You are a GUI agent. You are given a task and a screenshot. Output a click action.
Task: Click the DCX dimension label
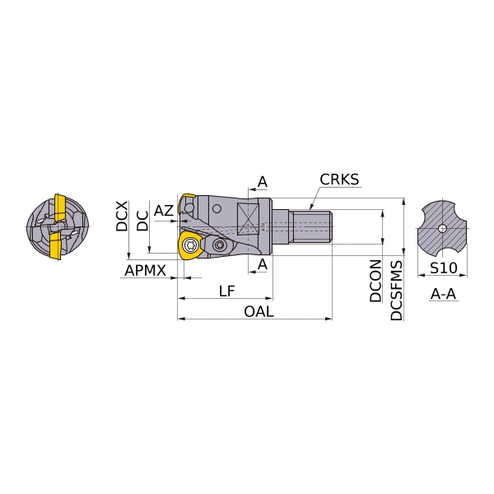(x=122, y=216)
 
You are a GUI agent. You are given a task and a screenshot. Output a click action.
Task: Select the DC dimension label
(x=142, y=221)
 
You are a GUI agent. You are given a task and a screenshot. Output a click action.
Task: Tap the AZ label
(x=164, y=211)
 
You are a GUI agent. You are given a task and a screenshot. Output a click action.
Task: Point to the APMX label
(x=145, y=270)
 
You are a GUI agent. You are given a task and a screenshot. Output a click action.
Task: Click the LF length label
(x=227, y=291)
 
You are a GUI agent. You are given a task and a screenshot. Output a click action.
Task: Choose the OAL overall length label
(x=259, y=311)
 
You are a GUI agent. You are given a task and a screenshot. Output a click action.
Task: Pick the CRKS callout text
(x=339, y=179)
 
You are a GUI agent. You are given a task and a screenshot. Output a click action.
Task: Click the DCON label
(x=375, y=281)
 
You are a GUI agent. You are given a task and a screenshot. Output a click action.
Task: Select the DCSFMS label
(x=396, y=290)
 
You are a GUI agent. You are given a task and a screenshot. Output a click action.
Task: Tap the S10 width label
(x=443, y=268)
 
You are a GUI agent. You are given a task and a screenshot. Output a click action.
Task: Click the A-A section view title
(x=443, y=294)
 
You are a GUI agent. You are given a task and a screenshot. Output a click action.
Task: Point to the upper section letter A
(x=263, y=182)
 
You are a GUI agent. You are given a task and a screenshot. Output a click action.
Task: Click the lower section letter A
(x=263, y=264)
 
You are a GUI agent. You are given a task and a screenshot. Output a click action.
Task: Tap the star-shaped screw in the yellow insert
(x=191, y=245)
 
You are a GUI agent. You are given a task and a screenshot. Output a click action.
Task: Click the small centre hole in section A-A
(x=442, y=228)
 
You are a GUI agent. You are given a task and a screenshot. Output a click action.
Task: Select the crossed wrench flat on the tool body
(x=249, y=219)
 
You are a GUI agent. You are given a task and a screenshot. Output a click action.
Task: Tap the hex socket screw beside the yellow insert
(x=218, y=245)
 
